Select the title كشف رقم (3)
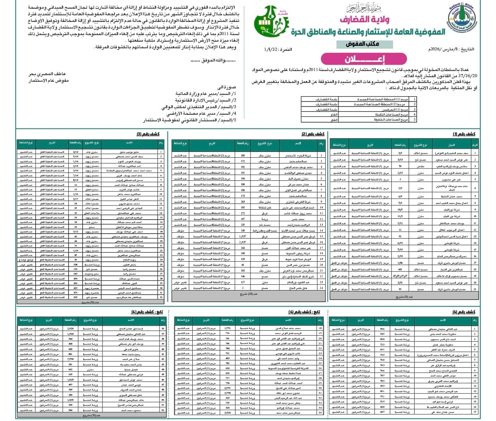click(x=150, y=134)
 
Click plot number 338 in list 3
click(x=76, y=264)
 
